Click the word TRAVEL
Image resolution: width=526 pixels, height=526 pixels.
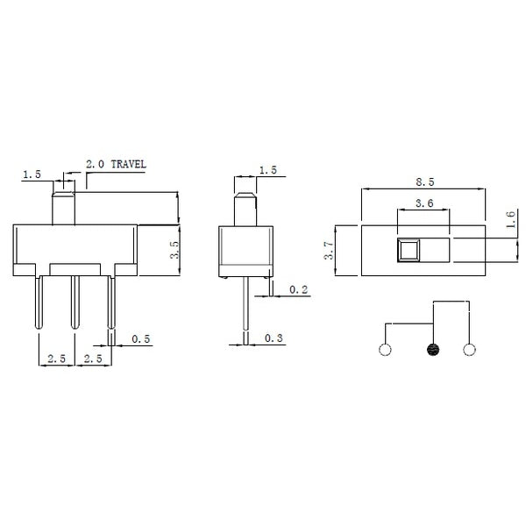129,165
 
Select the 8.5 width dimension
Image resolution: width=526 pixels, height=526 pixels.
425,182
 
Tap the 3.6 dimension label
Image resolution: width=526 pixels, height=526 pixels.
424,203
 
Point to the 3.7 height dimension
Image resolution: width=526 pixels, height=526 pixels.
330,250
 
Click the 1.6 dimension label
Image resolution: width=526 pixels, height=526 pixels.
510,219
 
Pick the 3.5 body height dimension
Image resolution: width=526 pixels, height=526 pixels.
174,250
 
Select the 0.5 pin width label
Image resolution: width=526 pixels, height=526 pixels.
141,339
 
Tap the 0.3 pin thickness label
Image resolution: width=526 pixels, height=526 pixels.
274,338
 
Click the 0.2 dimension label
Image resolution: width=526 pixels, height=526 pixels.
299,290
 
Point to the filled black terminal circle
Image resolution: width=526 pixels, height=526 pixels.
433,350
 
